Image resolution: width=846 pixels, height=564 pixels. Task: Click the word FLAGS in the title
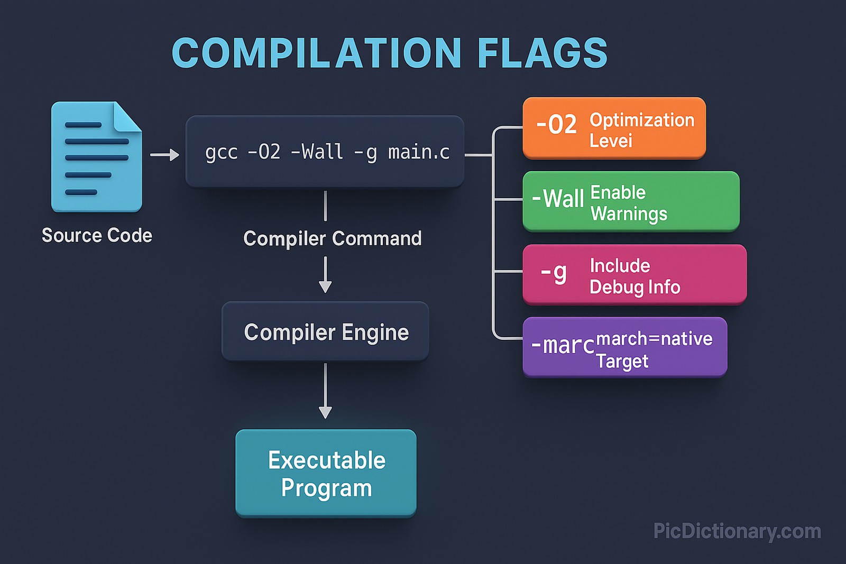[542, 53]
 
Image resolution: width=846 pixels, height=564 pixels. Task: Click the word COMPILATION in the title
[317, 53]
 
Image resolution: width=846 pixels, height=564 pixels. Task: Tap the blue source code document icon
[96, 157]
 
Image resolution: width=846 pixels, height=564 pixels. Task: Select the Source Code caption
[97, 235]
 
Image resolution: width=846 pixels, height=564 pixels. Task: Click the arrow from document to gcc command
[164, 155]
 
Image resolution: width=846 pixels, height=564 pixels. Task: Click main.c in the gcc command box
[419, 152]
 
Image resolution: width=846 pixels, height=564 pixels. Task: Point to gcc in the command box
[221, 152]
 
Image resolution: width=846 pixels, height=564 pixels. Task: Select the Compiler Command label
[332, 238]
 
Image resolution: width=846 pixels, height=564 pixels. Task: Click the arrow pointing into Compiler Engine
[325, 275]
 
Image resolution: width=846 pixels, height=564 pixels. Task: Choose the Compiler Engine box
[325, 332]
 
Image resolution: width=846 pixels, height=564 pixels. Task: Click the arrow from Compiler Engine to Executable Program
[325, 391]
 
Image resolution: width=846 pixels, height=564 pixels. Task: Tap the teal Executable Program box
[326, 473]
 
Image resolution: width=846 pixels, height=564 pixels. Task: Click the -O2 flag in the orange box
[556, 125]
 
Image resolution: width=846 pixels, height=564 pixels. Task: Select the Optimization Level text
[641, 130]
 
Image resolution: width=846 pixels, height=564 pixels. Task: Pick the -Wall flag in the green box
[558, 199]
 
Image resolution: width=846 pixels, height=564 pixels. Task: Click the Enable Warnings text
[628, 203]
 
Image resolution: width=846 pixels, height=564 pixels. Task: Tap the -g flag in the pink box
[554, 273]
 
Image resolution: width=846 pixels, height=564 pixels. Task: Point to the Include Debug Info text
[635, 276]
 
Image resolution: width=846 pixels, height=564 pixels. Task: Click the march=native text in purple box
[654, 338]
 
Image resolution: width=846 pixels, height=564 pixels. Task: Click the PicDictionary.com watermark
[737, 531]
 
